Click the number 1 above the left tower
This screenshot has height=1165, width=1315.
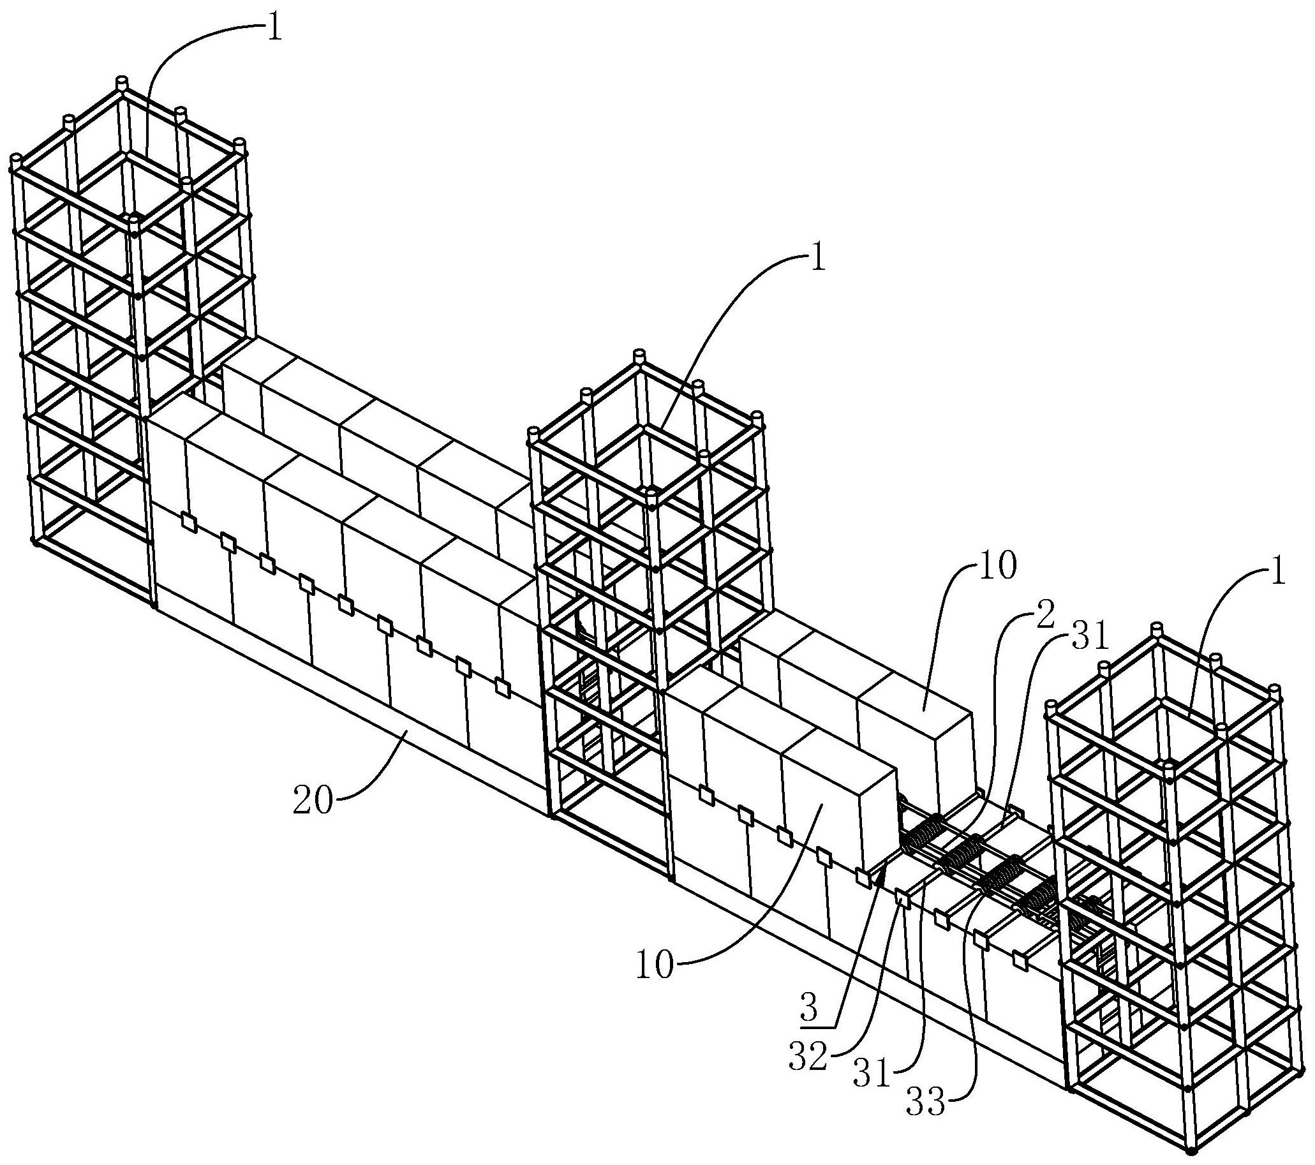[274, 30]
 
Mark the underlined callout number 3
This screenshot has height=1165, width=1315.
[809, 1007]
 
